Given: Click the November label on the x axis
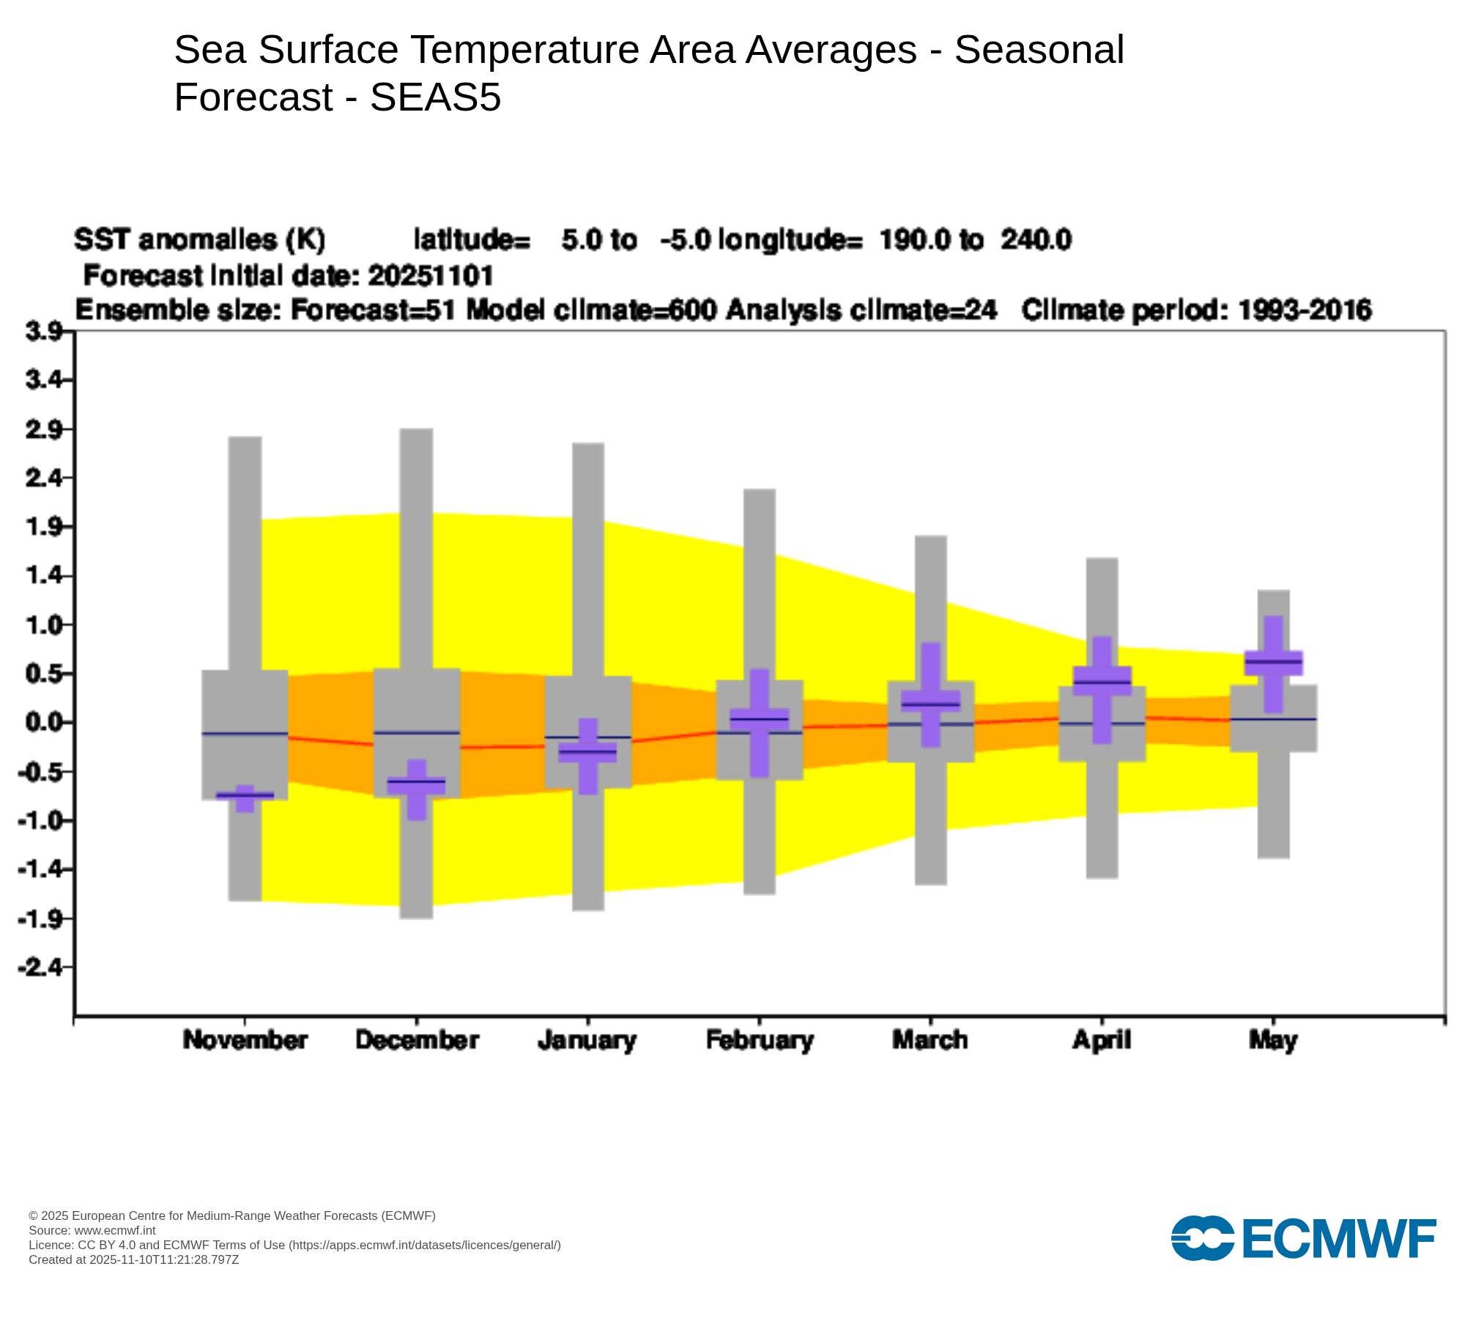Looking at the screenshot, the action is pos(245,1040).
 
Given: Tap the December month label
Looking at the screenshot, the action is pos(417,1040).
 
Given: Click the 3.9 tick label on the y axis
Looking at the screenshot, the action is pos(44,332).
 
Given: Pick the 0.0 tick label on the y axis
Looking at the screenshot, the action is pos(44,723).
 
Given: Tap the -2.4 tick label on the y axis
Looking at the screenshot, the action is pos(42,967).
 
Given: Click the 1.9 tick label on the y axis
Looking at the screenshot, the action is pos(44,527).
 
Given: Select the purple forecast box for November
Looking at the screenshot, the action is pos(245,795).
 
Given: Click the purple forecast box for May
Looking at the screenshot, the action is pos(1274,663).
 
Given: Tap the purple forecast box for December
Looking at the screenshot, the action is pos(417,786).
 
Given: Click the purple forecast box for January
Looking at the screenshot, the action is pos(587,752).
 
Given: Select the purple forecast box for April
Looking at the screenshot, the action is pos(1102,681).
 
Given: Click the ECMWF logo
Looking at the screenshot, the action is pos(1303,1238).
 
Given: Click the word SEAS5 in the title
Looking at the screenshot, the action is pos(436,97).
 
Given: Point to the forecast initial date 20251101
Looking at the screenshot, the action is pos(431,275).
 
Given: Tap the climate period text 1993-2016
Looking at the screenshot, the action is pos(1305,310).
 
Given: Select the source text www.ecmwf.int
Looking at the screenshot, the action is pos(115,1230).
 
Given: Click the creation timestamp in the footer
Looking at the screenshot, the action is pos(134,1259).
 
